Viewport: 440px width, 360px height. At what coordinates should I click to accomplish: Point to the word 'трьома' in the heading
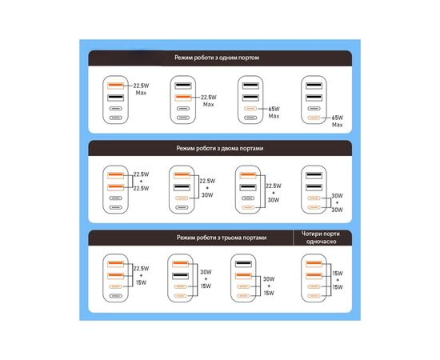[230, 238]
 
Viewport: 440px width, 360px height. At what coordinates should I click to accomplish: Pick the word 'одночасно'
[321, 242]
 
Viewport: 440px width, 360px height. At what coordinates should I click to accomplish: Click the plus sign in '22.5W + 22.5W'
[141, 182]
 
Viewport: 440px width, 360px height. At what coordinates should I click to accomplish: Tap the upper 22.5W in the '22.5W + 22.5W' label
[141, 174]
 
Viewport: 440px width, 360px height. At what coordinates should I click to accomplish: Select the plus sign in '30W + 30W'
[337, 202]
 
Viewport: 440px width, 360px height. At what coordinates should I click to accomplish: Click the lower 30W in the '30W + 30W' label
[337, 210]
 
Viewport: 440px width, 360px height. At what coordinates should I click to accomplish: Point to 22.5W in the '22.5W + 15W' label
[141, 269]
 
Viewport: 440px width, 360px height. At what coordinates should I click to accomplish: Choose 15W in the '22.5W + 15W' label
[141, 282]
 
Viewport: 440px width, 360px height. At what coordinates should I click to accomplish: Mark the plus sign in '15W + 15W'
[338, 280]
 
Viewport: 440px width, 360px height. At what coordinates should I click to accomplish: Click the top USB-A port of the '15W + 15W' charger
[314, 264]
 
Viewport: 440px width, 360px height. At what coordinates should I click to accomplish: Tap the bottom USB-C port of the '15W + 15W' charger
[314, 296]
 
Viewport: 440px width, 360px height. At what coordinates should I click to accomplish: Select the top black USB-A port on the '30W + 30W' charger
[314, 176]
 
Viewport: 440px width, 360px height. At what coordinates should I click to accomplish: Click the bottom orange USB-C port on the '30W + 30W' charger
[314, 207]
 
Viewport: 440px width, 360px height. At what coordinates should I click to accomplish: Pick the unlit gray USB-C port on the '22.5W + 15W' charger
[116, 296]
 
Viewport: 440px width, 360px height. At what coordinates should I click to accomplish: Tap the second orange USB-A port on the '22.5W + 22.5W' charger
[116, 187]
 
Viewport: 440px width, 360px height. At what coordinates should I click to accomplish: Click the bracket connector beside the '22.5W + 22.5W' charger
[132, 182]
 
